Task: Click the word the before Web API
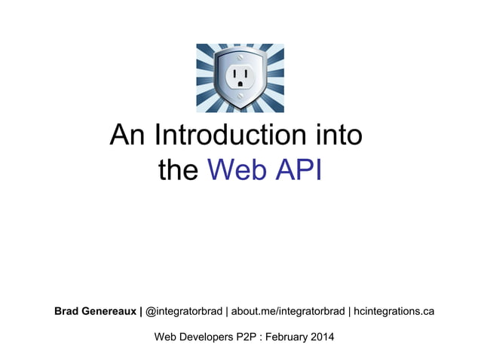178,170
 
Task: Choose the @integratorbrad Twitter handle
183,310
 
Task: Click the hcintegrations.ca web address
394,310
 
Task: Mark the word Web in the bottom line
167,337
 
